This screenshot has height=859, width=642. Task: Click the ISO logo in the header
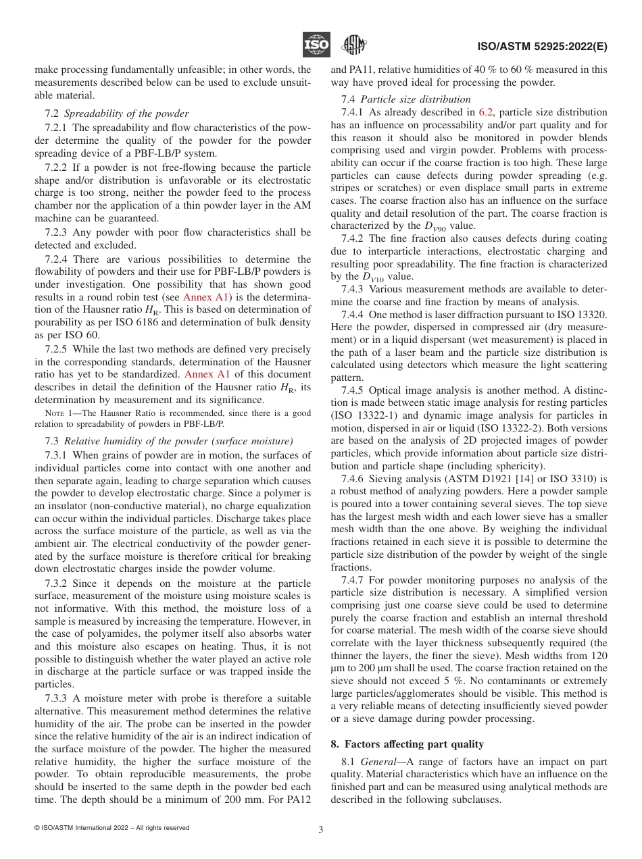[316, 45]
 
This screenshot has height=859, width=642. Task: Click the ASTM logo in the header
[353, 45]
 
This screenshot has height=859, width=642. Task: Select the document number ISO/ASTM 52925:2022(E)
[542, 47]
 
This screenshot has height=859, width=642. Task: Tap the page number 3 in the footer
[321, 829]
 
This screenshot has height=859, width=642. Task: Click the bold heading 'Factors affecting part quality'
[414, 744]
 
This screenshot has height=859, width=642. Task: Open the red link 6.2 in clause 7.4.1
[486, 112]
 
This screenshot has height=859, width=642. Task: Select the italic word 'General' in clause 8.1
[378, 762]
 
